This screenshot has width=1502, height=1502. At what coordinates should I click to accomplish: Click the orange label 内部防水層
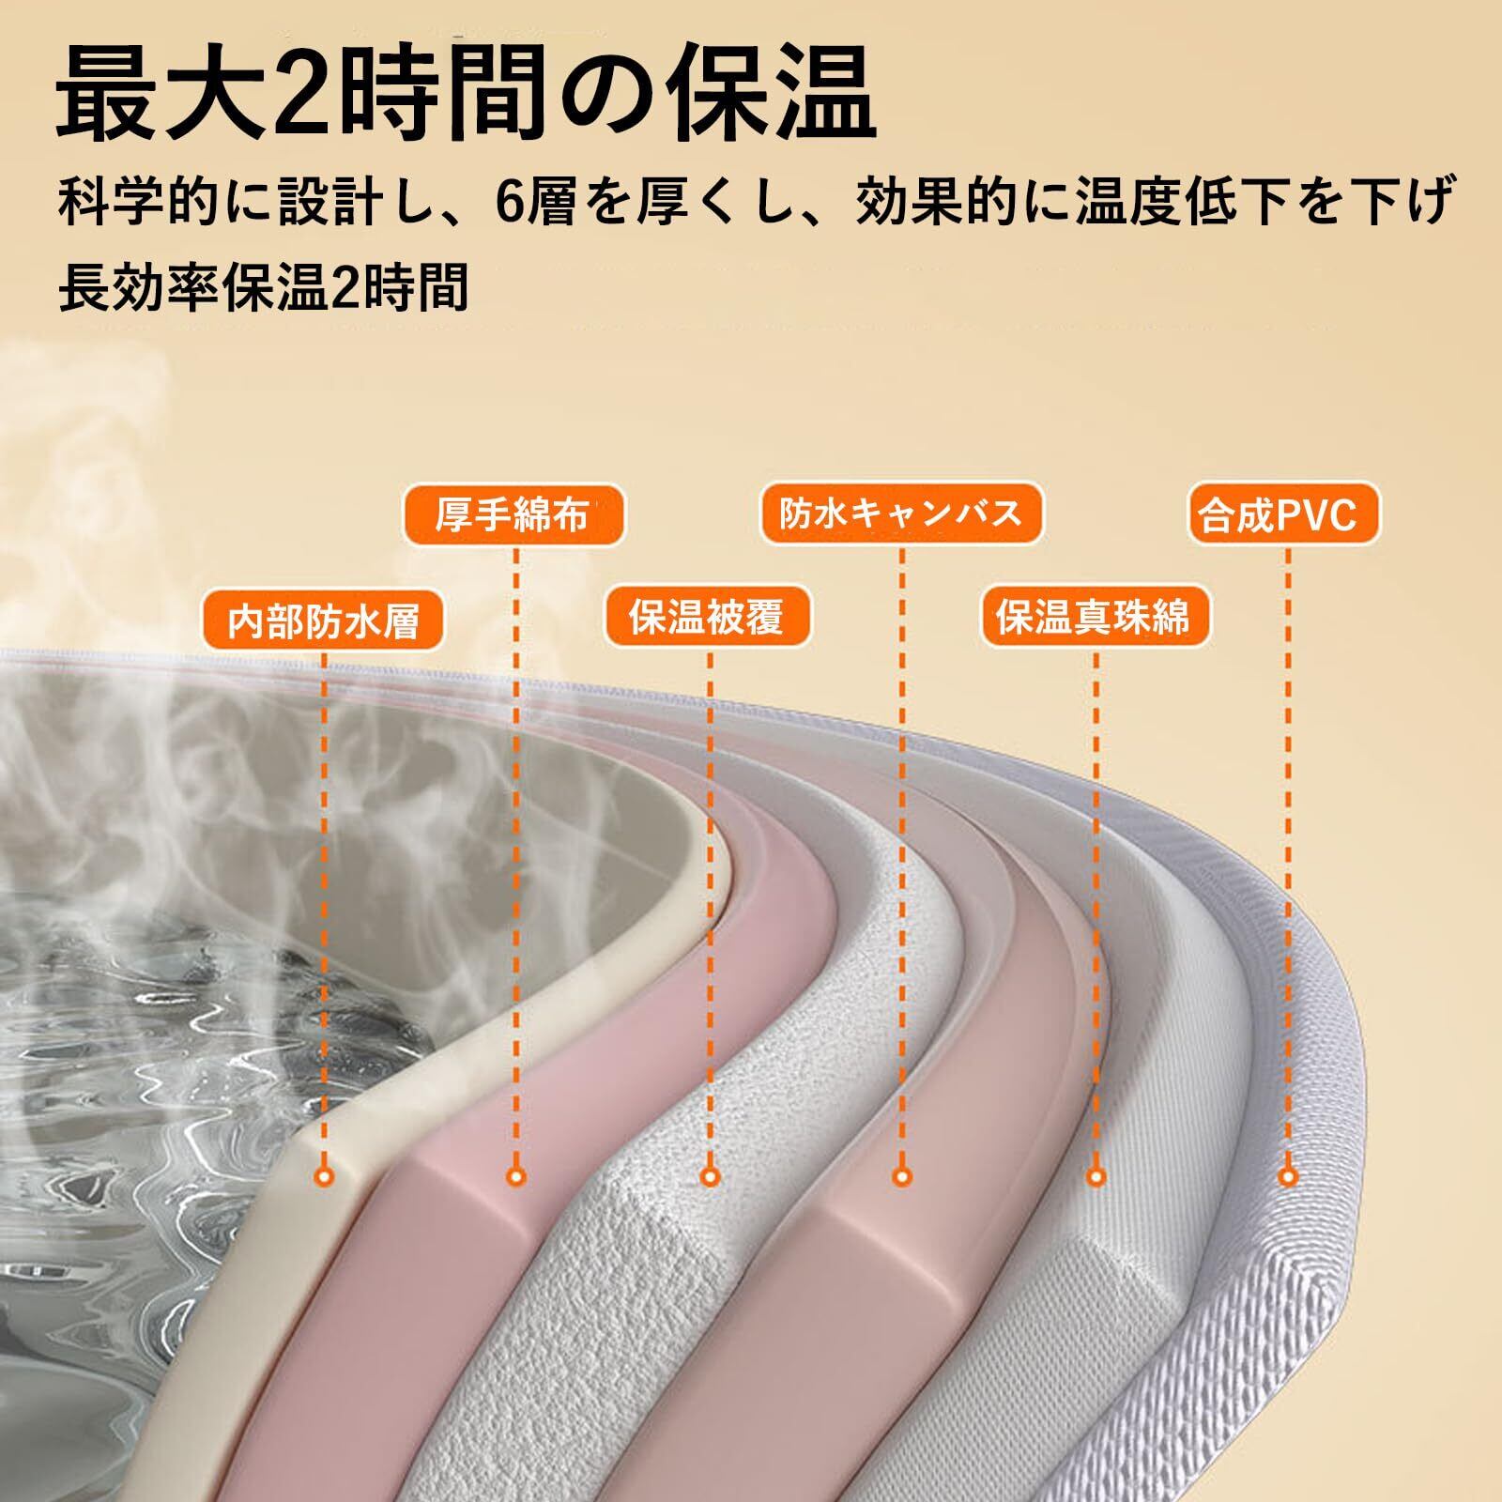[323, 621]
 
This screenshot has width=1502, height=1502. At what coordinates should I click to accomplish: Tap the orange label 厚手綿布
[513, 515]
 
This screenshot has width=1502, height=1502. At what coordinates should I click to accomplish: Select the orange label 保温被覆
[707, 619]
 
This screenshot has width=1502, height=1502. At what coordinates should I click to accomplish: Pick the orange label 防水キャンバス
[901, 513]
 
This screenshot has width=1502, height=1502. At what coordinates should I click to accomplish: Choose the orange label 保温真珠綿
[1095, 619]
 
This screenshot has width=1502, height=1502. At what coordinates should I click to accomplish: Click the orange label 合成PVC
[1286, 515]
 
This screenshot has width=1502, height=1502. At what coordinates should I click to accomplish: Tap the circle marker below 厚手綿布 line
[515, 1176]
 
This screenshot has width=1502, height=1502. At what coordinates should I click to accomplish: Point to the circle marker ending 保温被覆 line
[709, 1176]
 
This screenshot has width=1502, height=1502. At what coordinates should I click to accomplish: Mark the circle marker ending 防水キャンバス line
[901, 1176]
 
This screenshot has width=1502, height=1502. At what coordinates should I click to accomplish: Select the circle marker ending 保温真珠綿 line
[1096, 1176]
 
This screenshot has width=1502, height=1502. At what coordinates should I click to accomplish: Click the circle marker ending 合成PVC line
[1288, 1176]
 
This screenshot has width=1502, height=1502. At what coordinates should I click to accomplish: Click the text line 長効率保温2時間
[264, 288]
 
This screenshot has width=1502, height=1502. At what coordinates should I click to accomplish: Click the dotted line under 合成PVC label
[1287, 845]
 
